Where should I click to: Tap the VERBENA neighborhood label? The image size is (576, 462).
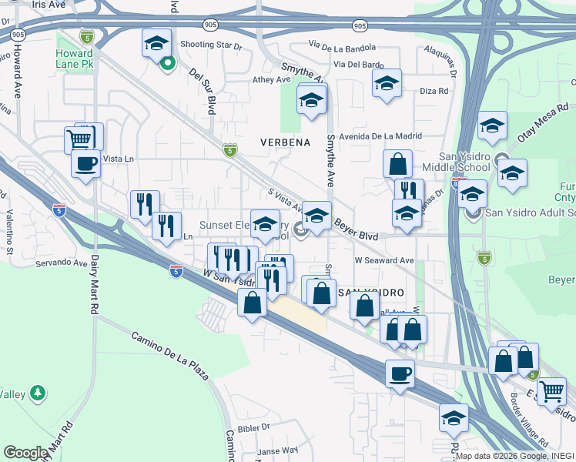click(285, 142)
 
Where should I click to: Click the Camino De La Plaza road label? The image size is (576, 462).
click(169, 357)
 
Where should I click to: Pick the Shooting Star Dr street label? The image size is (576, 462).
click(211, 45)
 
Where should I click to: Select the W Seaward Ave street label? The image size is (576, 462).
click(384, 260)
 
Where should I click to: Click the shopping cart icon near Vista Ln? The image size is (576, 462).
click(79, 139)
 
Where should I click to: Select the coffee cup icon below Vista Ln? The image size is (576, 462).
click(85, 163)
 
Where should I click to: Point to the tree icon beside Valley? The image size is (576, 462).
click(37, 393)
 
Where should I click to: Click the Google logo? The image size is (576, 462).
click(25, 453)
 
